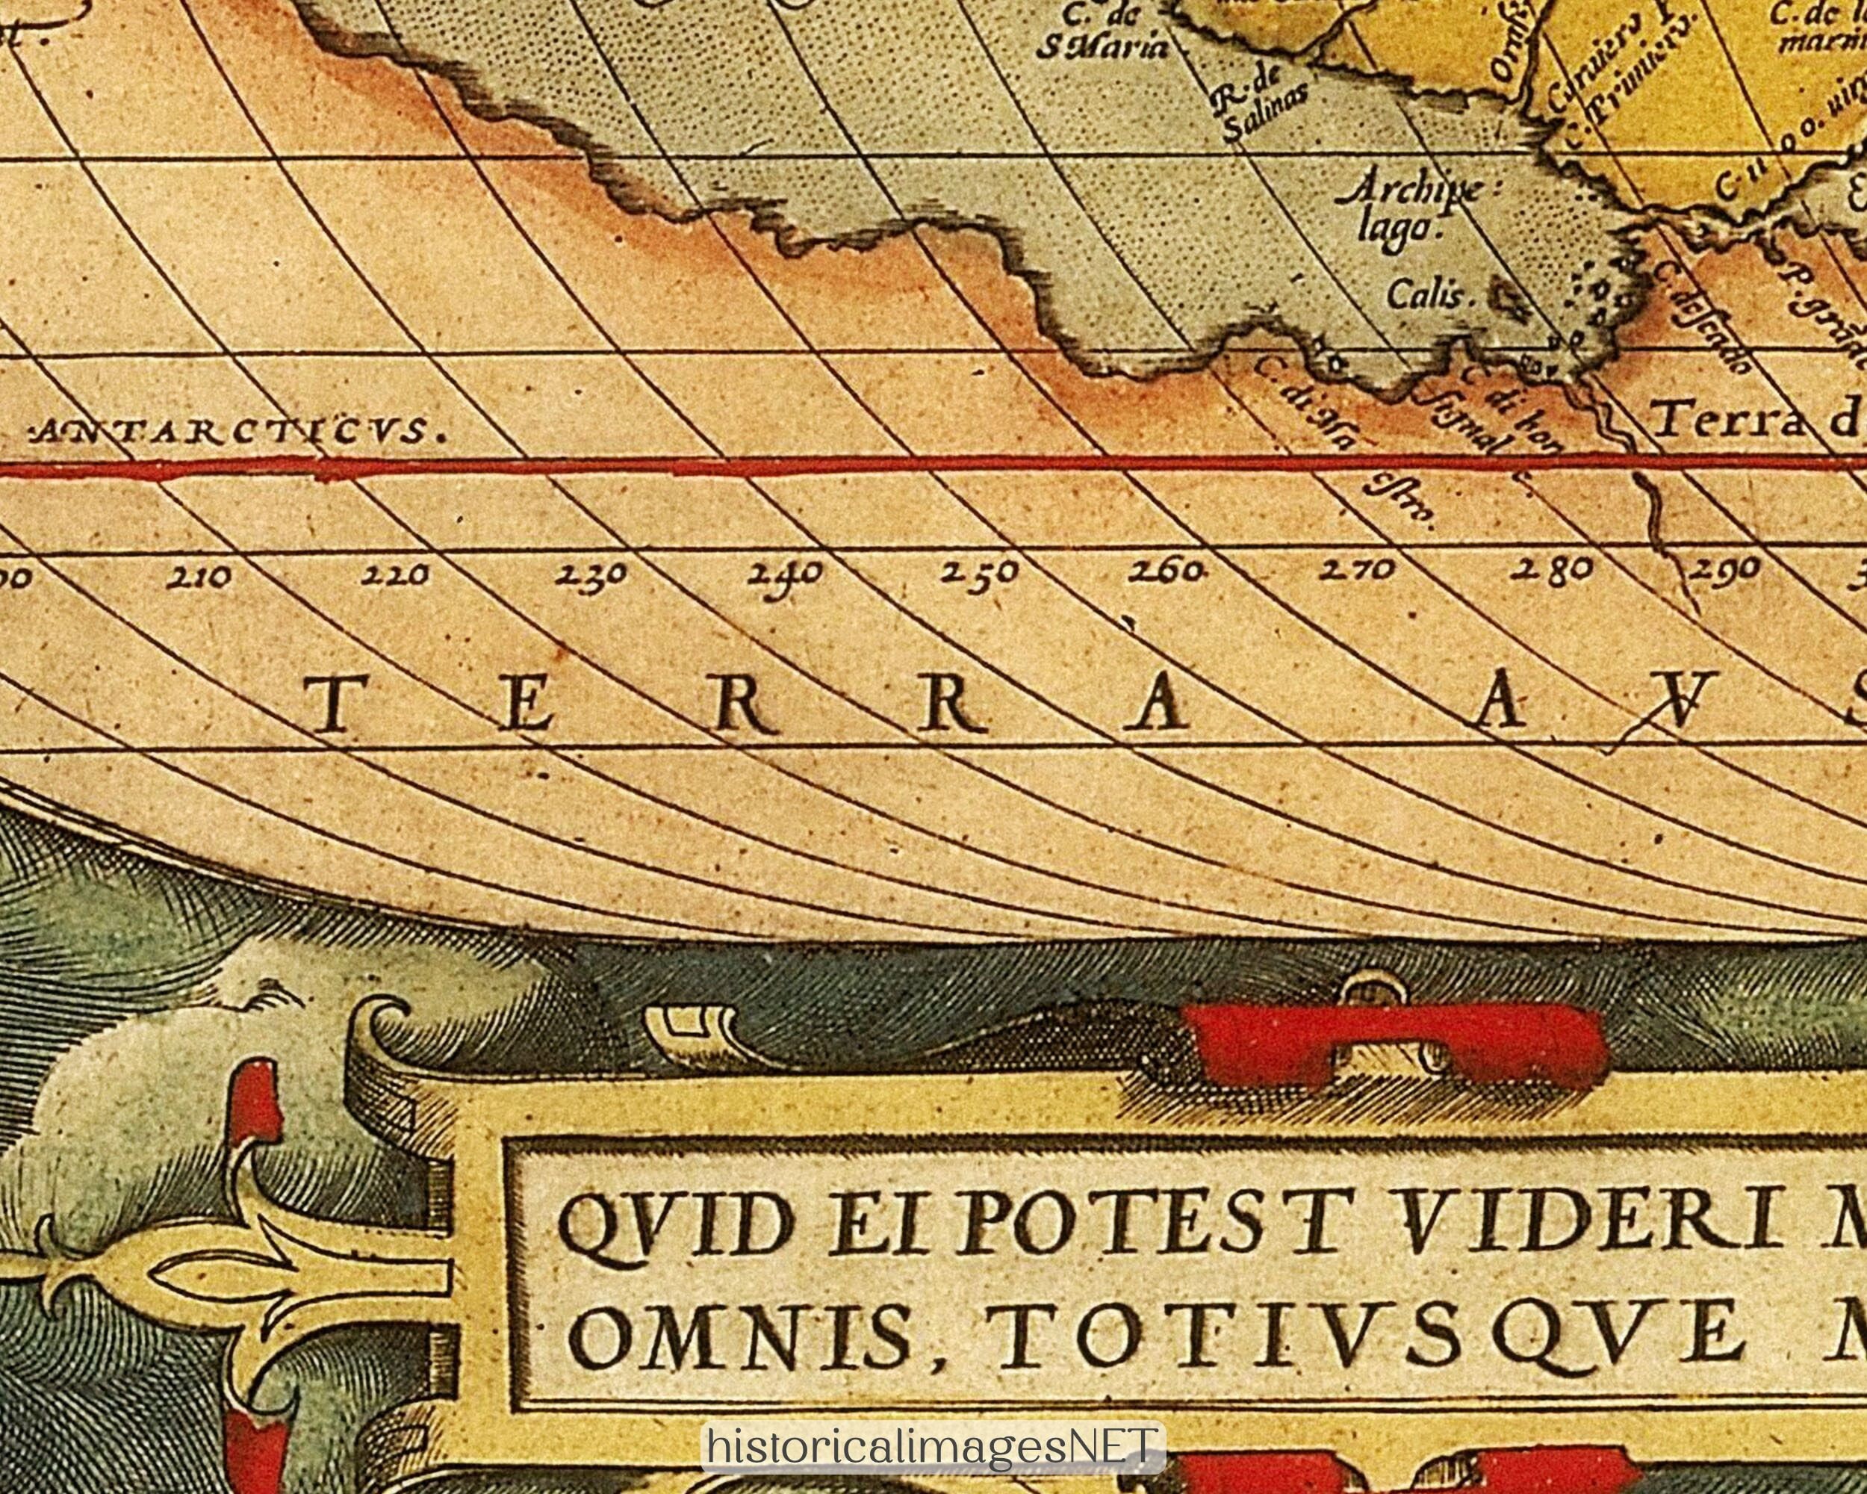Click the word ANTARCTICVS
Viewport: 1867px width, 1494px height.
click(235, 430)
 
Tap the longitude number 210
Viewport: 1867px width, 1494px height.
click(200, 576)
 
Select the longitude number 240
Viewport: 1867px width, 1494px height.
click(785, 574)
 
